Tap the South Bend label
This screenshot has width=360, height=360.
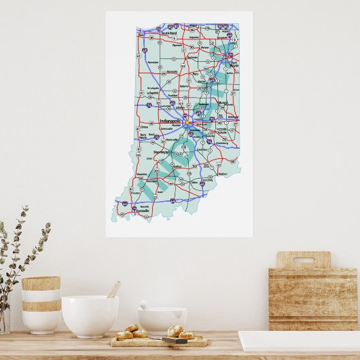tap(168, 31)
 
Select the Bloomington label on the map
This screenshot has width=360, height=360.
tap(162, 152)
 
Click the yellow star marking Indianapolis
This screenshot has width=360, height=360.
tap(186, 123)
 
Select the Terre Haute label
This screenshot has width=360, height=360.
tap(144, 136)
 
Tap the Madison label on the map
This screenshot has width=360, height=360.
tap(223, 174)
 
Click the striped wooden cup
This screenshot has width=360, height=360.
tap(41, 304)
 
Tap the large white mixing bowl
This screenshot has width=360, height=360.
tap(90, 316)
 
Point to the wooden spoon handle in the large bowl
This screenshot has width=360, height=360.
tap(113, 290)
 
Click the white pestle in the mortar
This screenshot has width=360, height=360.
tap(145, 306)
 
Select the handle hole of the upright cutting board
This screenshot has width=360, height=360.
tap(303, 259)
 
